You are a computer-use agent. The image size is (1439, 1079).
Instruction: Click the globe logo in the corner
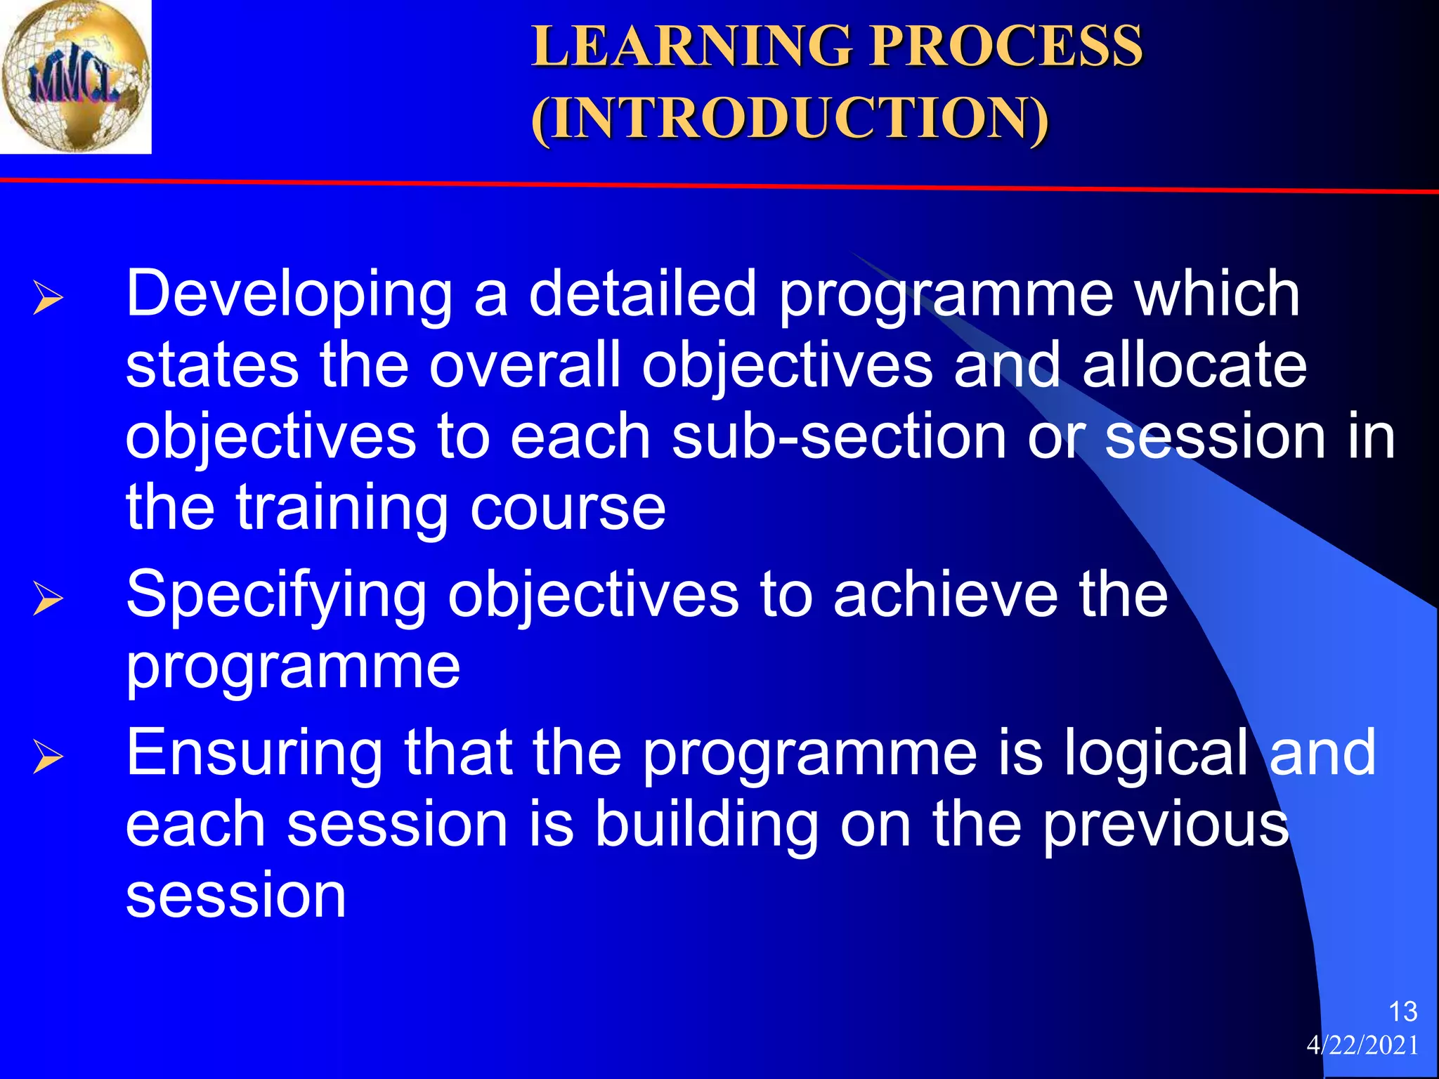click(x=75, y=76)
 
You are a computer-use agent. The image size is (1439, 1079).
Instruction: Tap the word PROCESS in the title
click(x=1006, y=46)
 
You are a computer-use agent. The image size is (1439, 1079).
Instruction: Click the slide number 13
click(x=1402, y=1012)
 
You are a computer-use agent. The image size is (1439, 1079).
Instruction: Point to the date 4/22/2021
click(x=1362, y=1045)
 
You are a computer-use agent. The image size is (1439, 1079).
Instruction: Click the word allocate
click(x=1194, y=365)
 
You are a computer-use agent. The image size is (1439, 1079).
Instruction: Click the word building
click(x=706, y=825)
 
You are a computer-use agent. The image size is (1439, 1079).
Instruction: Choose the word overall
click(x=526, y=365)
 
